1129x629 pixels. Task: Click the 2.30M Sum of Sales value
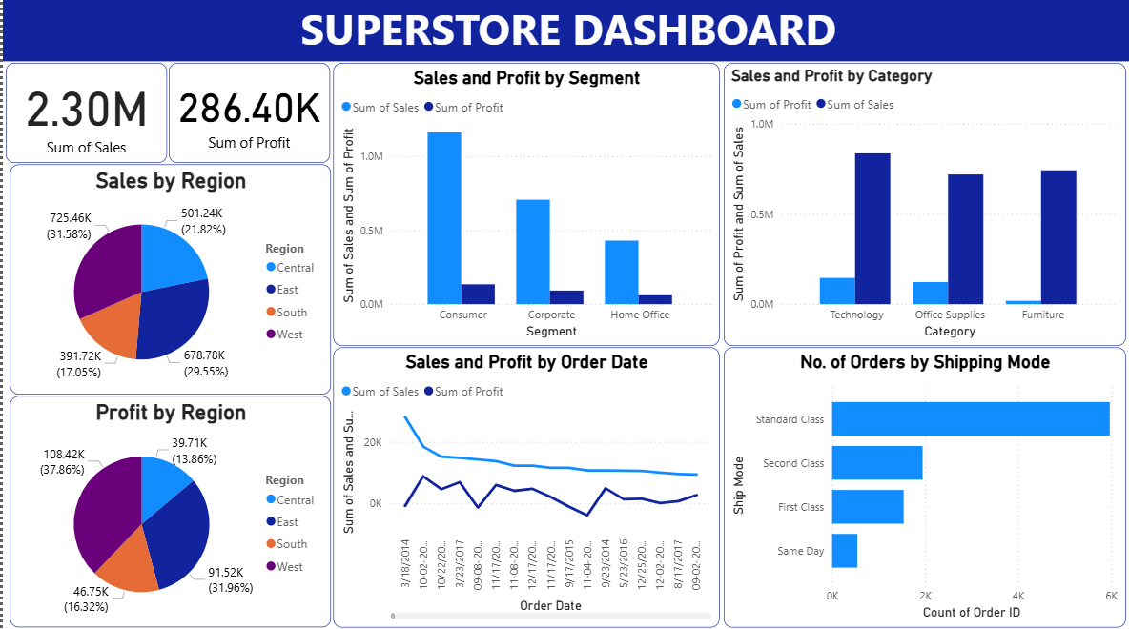coord(86,111)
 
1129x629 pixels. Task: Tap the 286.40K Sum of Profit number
coord(249,110)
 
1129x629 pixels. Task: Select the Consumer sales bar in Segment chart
coord(444,217)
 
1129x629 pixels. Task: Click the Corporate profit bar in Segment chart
coord(566,297)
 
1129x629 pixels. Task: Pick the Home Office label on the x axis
coord(640,314)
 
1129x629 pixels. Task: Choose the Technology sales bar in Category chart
coord(872,229)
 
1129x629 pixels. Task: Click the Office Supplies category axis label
coord(950,314)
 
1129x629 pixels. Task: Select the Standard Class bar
coord(971,419)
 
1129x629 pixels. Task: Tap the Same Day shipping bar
coord(845,551)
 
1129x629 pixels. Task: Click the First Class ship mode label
coord(800,507)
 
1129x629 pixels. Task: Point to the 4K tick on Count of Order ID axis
coord(1018,595)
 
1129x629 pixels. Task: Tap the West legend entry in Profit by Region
coord(289,567)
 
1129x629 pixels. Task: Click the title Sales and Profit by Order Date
coord(526,362)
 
